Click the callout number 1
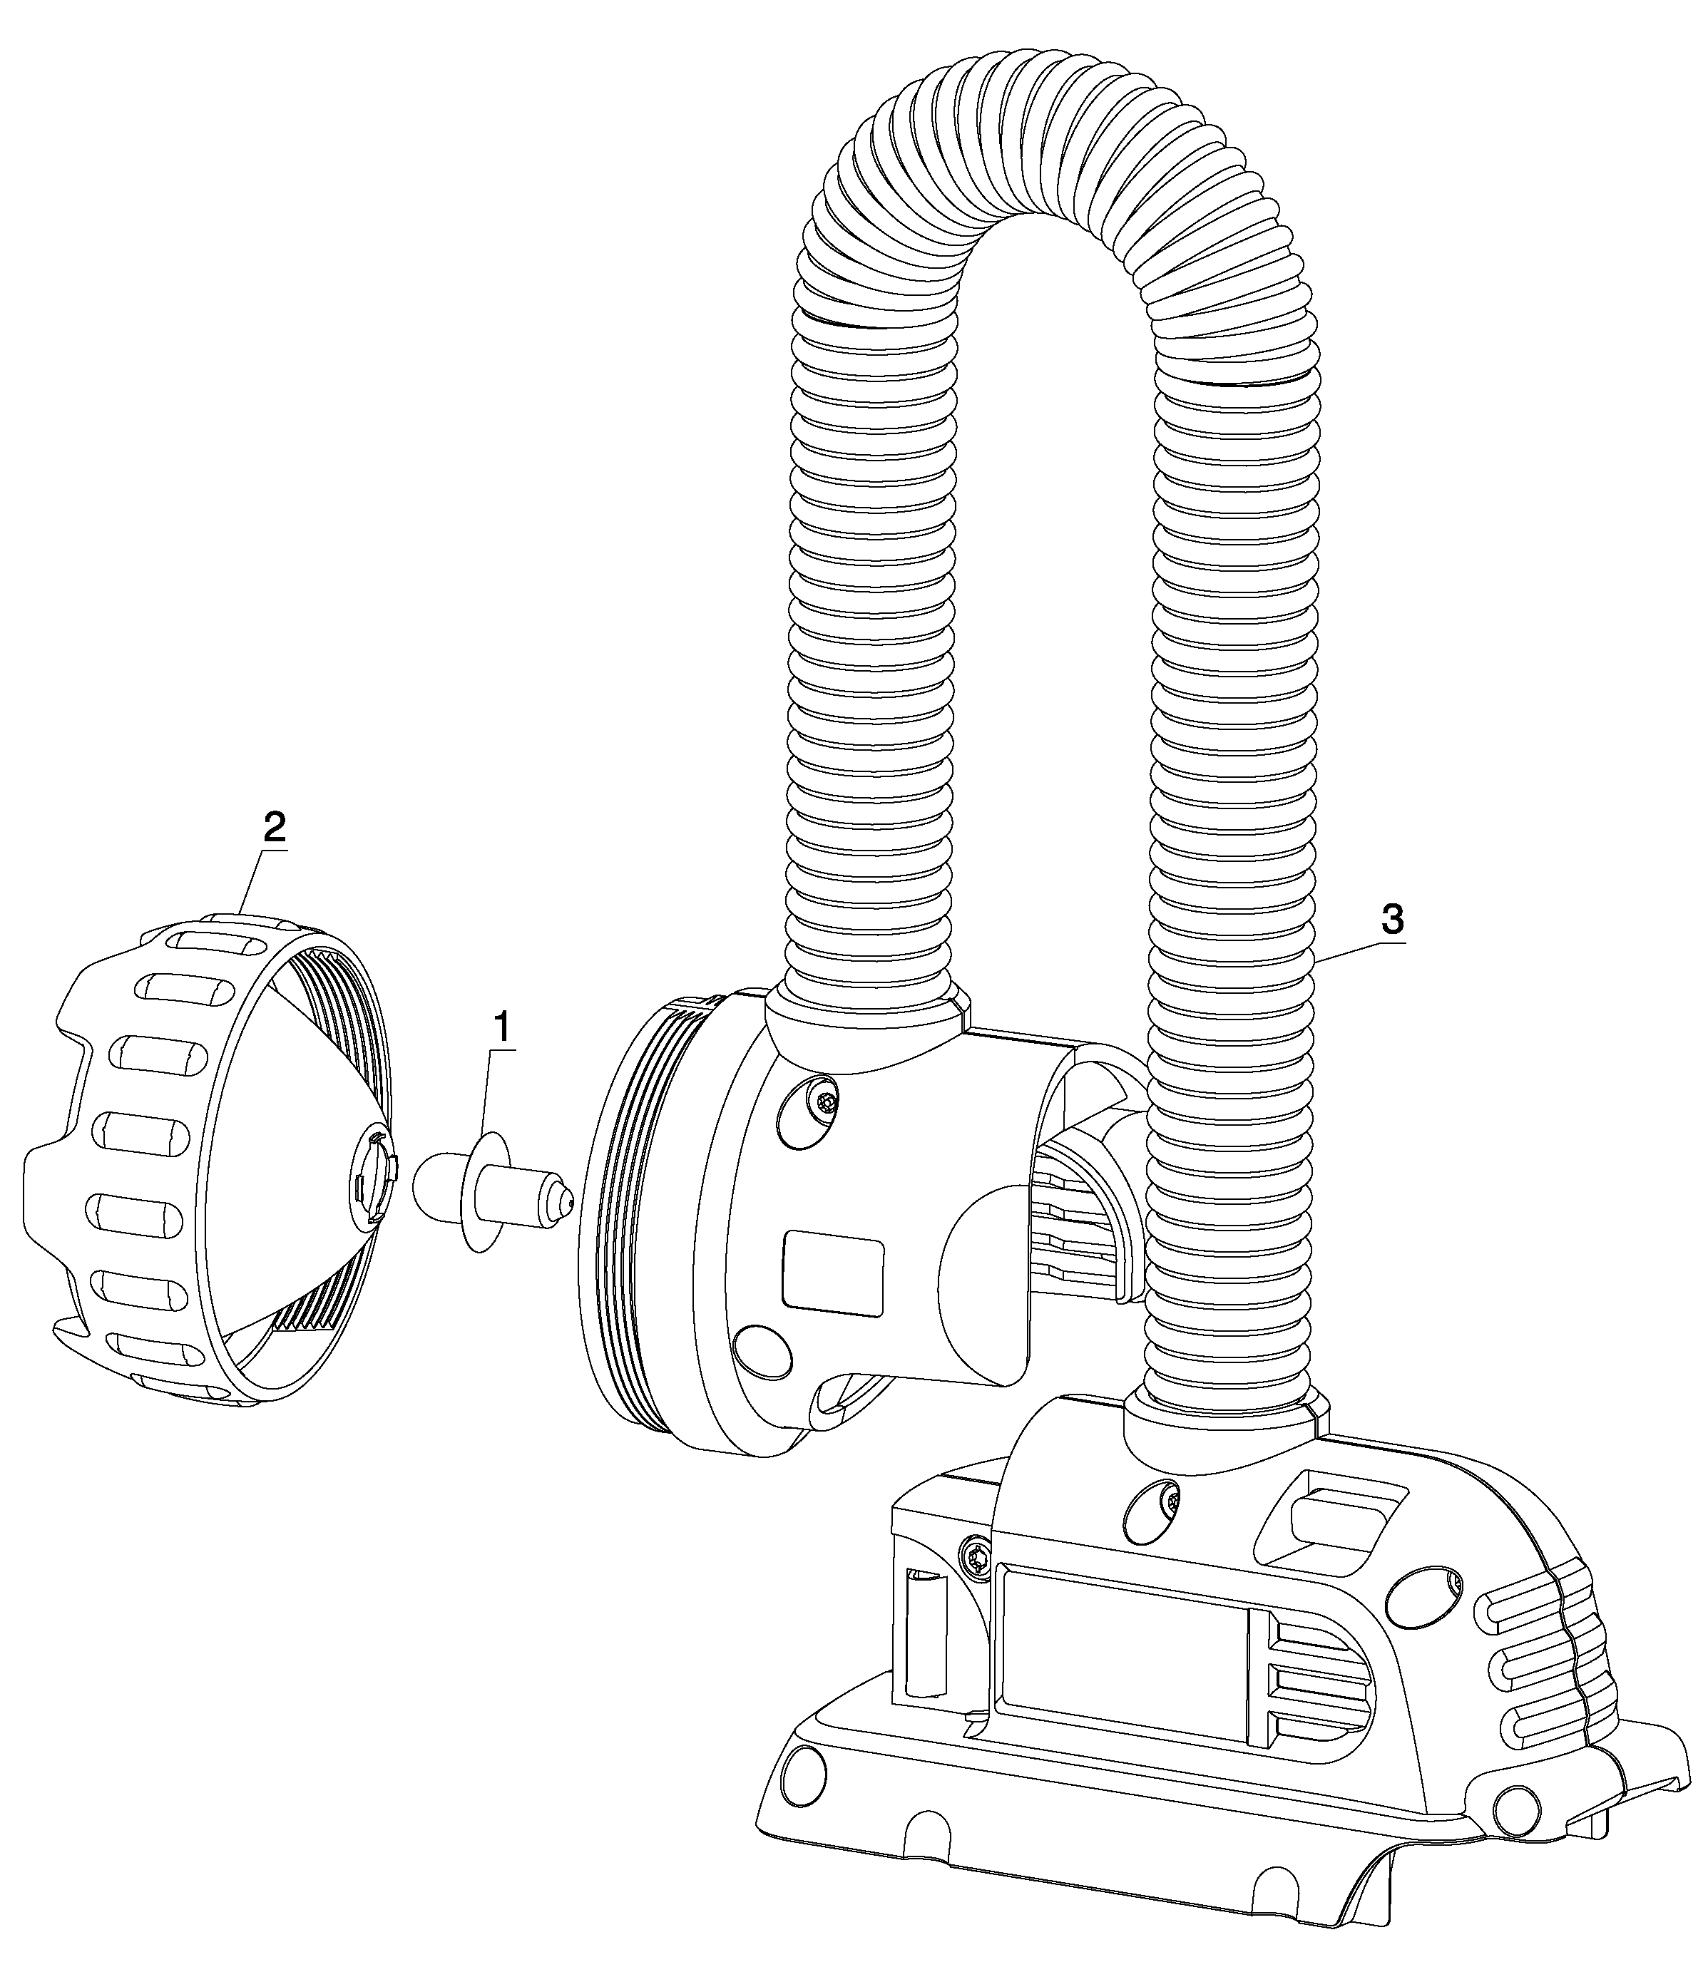[501, 1029]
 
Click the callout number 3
[1391, 920]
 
